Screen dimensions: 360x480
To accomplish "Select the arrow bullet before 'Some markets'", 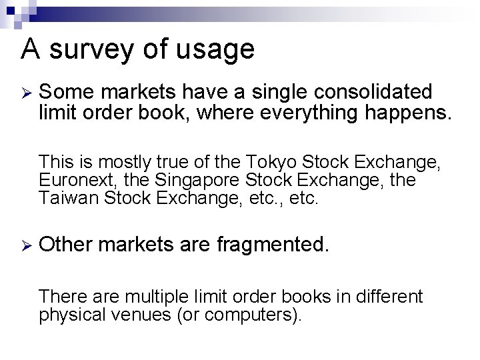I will pos(25,91).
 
